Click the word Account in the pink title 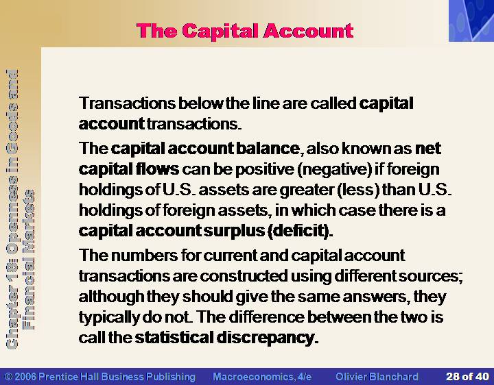pyautogui.click(x=308, y=31)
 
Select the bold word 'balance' pyautogui.click(x=268, y=148)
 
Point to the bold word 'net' pyautogui.click(x=428, y=149)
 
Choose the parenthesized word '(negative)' pyautogui.click(x=334, y=169)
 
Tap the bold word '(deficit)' pyautogui.click(x=300, y=231)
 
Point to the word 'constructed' pyautogui.click(x=244, y=276)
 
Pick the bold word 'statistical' pyautogui.click(x=174, y=337)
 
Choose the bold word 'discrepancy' pyautogui.click(x=266, y=338)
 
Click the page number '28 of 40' pyautogui.click(x=467, y=377)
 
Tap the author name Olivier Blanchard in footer pyautogui.click(x=377, y=377)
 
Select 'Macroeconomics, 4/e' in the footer pyautogui.click(x=262, y=377)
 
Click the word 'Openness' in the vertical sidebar pyautogui.click(x=12, y=211)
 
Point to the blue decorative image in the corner pyautogui.click(x=471, y=21)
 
